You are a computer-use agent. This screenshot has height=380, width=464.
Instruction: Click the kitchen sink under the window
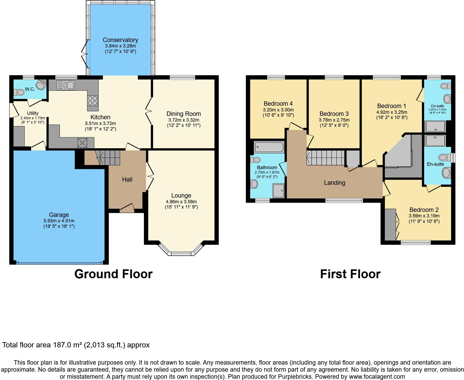[66, 85]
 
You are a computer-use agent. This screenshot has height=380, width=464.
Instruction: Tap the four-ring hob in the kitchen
[92, 100]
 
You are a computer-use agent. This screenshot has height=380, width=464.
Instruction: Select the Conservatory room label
[120, 40]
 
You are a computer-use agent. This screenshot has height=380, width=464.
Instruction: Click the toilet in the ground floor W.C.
[20, 92]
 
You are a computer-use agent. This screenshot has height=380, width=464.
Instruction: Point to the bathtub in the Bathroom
[269, 147]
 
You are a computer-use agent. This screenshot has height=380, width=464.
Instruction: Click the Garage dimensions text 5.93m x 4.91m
[59, 221]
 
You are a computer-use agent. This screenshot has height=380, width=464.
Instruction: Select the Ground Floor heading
[113, 274]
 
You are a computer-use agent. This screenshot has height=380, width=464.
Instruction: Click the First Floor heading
[350, 274]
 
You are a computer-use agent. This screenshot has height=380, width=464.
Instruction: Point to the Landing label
[334, 183]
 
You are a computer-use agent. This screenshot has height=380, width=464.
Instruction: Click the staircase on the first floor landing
[326, 157]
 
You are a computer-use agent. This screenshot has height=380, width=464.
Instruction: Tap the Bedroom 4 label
[278, 104]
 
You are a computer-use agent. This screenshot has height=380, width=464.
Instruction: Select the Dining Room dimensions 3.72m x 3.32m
[184, 120]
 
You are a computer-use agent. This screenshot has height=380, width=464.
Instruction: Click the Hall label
[127, 180]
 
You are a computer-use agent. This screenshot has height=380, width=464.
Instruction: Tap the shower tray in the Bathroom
[279, 190]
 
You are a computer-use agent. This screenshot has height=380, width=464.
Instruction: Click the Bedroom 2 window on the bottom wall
[416, 242]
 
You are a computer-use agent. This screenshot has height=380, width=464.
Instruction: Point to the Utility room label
[33, 113]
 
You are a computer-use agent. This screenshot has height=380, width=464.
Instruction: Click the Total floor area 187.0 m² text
[76, 345]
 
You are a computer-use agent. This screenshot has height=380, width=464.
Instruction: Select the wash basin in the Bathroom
[254, 184]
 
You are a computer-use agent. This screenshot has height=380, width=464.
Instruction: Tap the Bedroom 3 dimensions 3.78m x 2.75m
[334, 120]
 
